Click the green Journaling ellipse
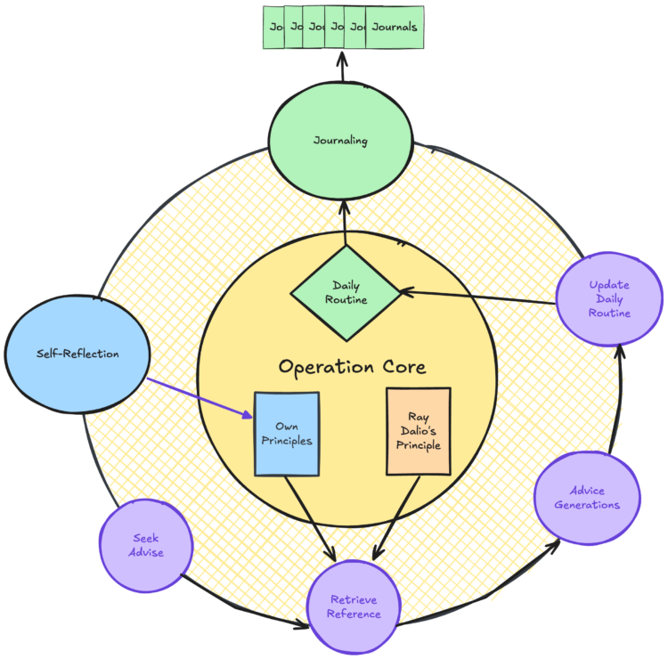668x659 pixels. coord(341,141)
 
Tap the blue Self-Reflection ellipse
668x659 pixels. coord(77,354)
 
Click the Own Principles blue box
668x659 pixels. coord(287,433)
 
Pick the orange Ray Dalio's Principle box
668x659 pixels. coord(418,432)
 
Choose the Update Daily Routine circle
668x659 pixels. coord(609,299)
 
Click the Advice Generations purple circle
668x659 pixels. coord(587,497)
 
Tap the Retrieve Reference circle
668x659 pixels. coord(354,607)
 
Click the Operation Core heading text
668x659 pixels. coord(352,366)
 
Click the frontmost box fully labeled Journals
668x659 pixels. coord(394,28)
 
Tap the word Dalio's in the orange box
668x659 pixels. coord(419,432)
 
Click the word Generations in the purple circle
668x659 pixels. coord(587,505)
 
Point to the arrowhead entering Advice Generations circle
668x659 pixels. coord(555,540)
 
